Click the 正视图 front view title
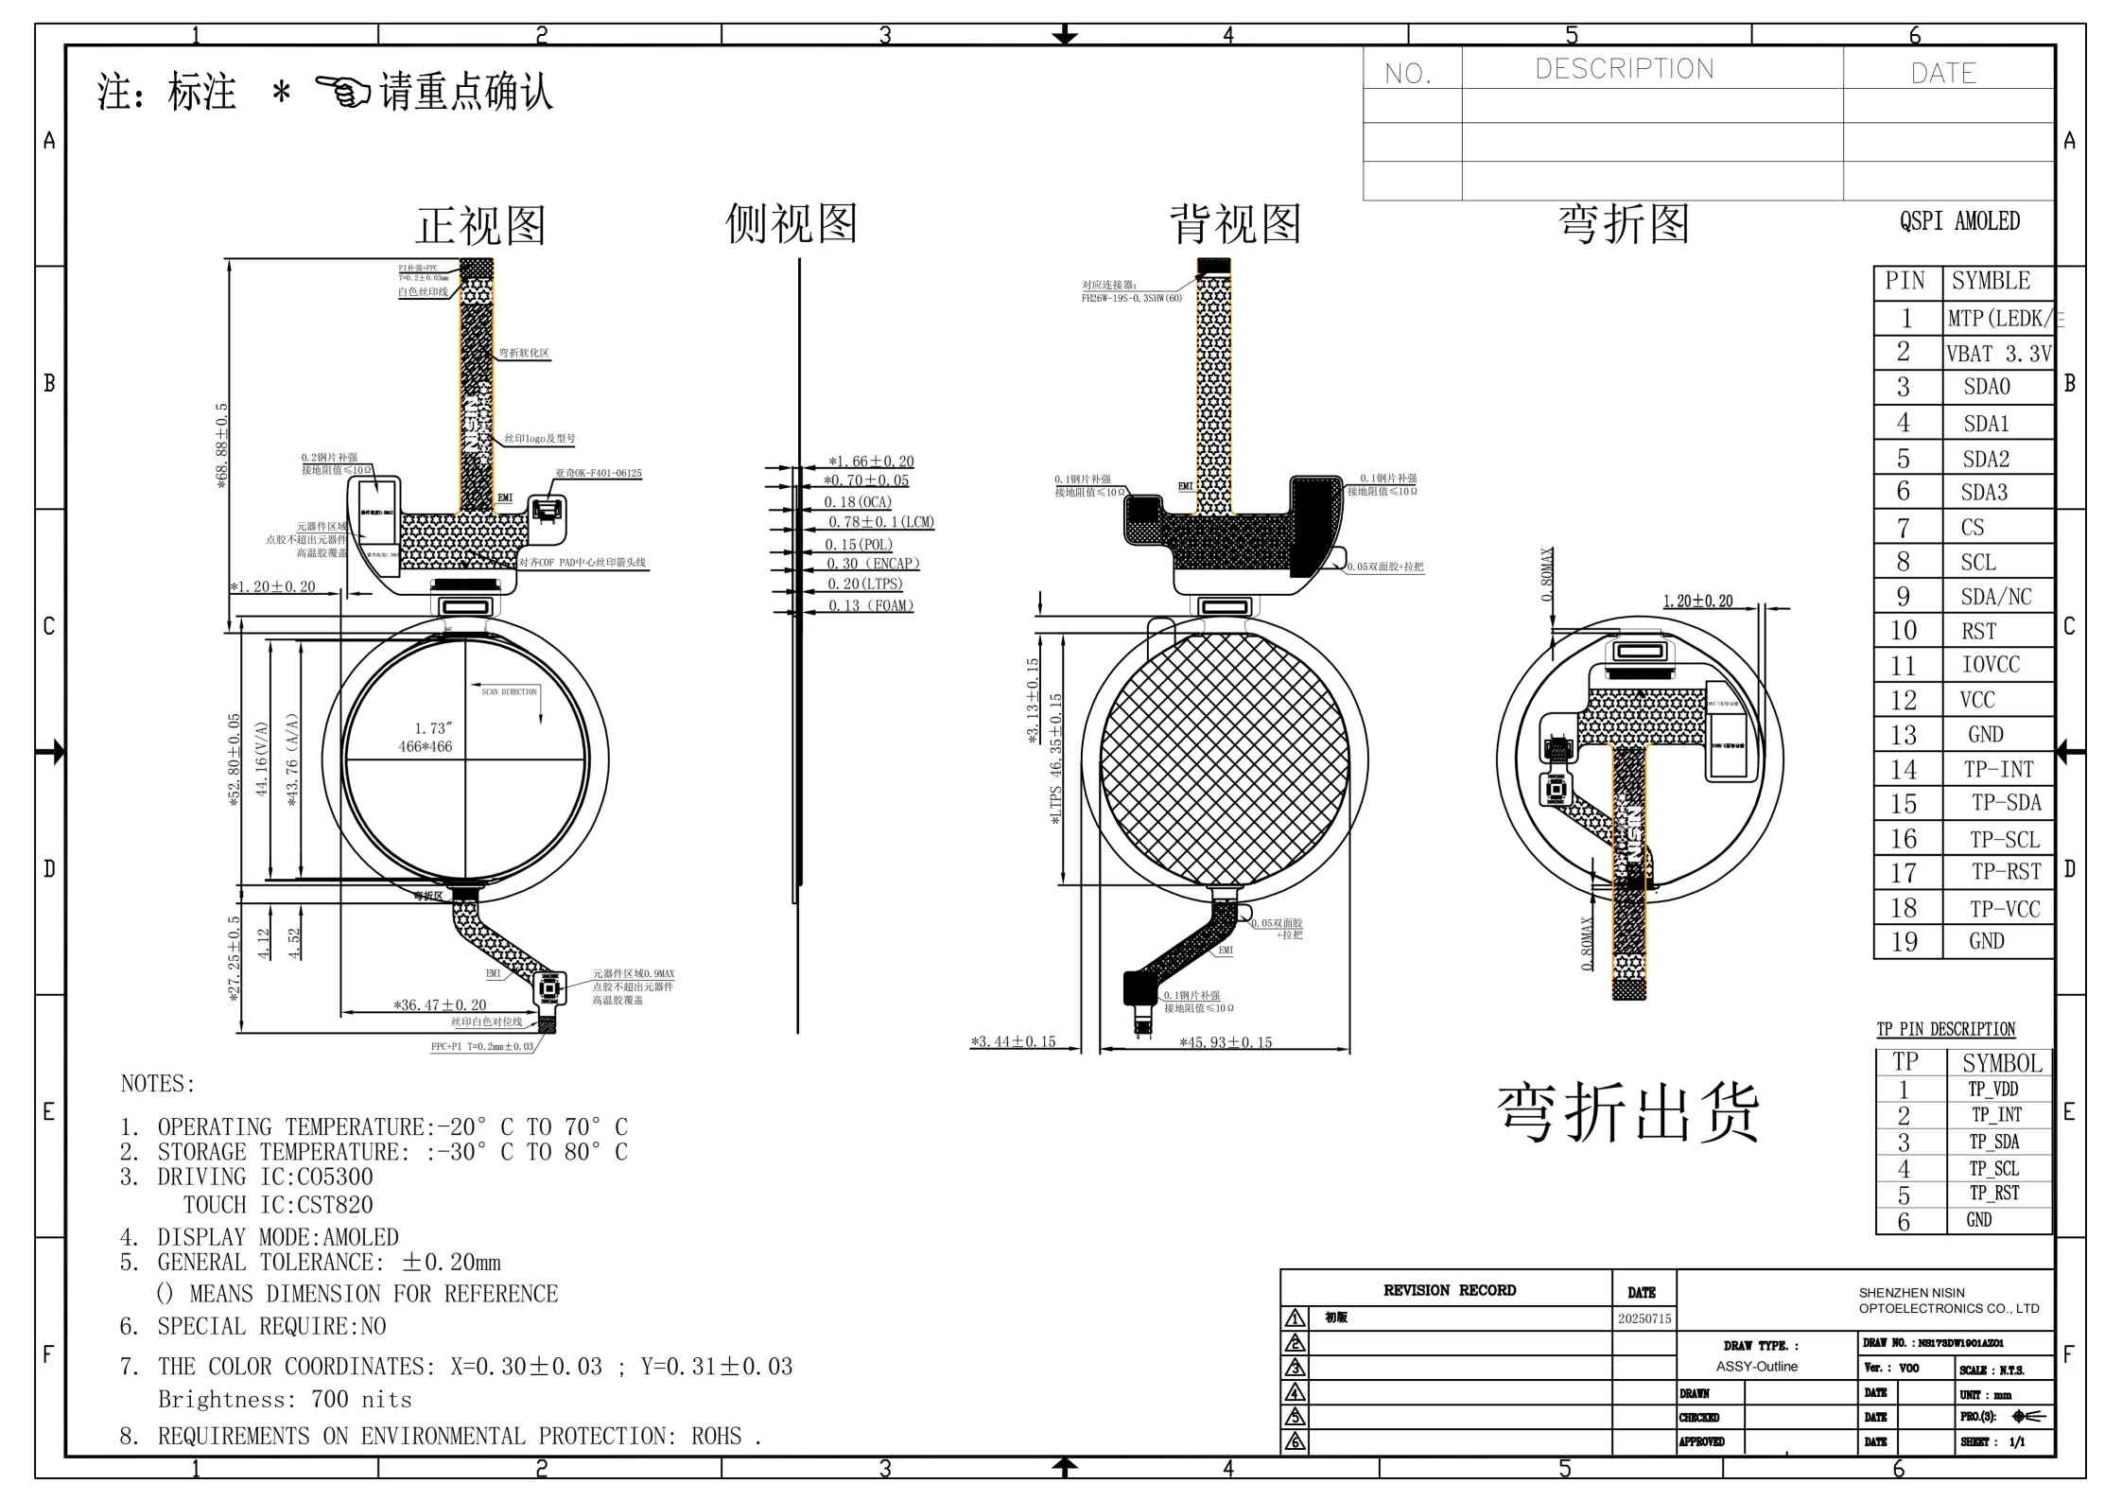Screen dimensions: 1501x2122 [x=480, y=226]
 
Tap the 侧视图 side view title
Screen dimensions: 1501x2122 [x=791, y=224]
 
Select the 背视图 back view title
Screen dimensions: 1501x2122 [x=1235, y=224]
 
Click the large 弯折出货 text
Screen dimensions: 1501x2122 [x=1627, y=1113]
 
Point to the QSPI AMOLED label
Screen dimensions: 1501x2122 [x=1959, y=221]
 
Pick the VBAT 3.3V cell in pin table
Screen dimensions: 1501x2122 [x=1997, y=354]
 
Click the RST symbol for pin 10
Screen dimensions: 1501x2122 [x=1978, y=631]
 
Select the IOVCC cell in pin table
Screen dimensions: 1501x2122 [x=1990, y=665]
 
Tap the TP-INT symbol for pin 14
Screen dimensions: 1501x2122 [x=1998, y=770]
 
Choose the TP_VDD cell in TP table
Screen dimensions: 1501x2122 [x=1993, y=1090]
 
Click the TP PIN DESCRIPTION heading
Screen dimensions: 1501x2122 [x=1945, y=1029]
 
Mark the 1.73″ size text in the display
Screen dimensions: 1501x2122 [x=432, y=728]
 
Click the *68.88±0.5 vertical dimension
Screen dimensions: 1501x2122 [x=222, y=445]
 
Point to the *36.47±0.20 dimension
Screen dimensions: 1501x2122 [x=440, y=1005]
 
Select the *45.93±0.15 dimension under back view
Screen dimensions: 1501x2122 [x=1226, y=1042]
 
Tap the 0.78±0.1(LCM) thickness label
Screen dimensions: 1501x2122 [x=880, y=522]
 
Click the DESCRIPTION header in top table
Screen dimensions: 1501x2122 [x=1624, y=69]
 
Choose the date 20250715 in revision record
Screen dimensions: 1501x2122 [x=1644, y=1318]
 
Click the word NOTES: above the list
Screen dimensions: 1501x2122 [x=157, y=1084]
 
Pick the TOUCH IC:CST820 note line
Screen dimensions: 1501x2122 [x=277, y=1205]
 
